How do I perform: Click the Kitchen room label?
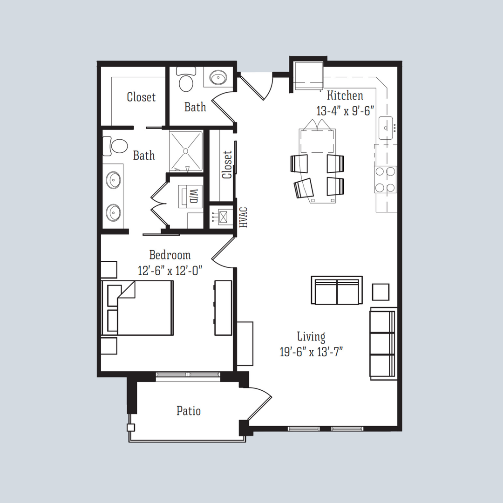pos(345,96)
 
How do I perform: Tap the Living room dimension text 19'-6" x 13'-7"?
pos(311,352)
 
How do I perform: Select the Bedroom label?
pos(170,255)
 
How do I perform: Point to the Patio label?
pos(189,411)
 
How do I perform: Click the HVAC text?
pos(243,217)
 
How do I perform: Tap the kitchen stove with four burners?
pos(386,180)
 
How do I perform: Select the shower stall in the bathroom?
pos(186,150)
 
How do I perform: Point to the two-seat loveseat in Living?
pos(337,291)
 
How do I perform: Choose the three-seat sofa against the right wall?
pos(382,343)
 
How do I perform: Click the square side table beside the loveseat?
pos(381,292)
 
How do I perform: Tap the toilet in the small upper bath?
pos(186,80)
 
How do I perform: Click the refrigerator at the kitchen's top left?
pos(307,75)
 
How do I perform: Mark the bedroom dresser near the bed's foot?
pos(223,308)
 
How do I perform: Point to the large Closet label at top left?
pos(141,97)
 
